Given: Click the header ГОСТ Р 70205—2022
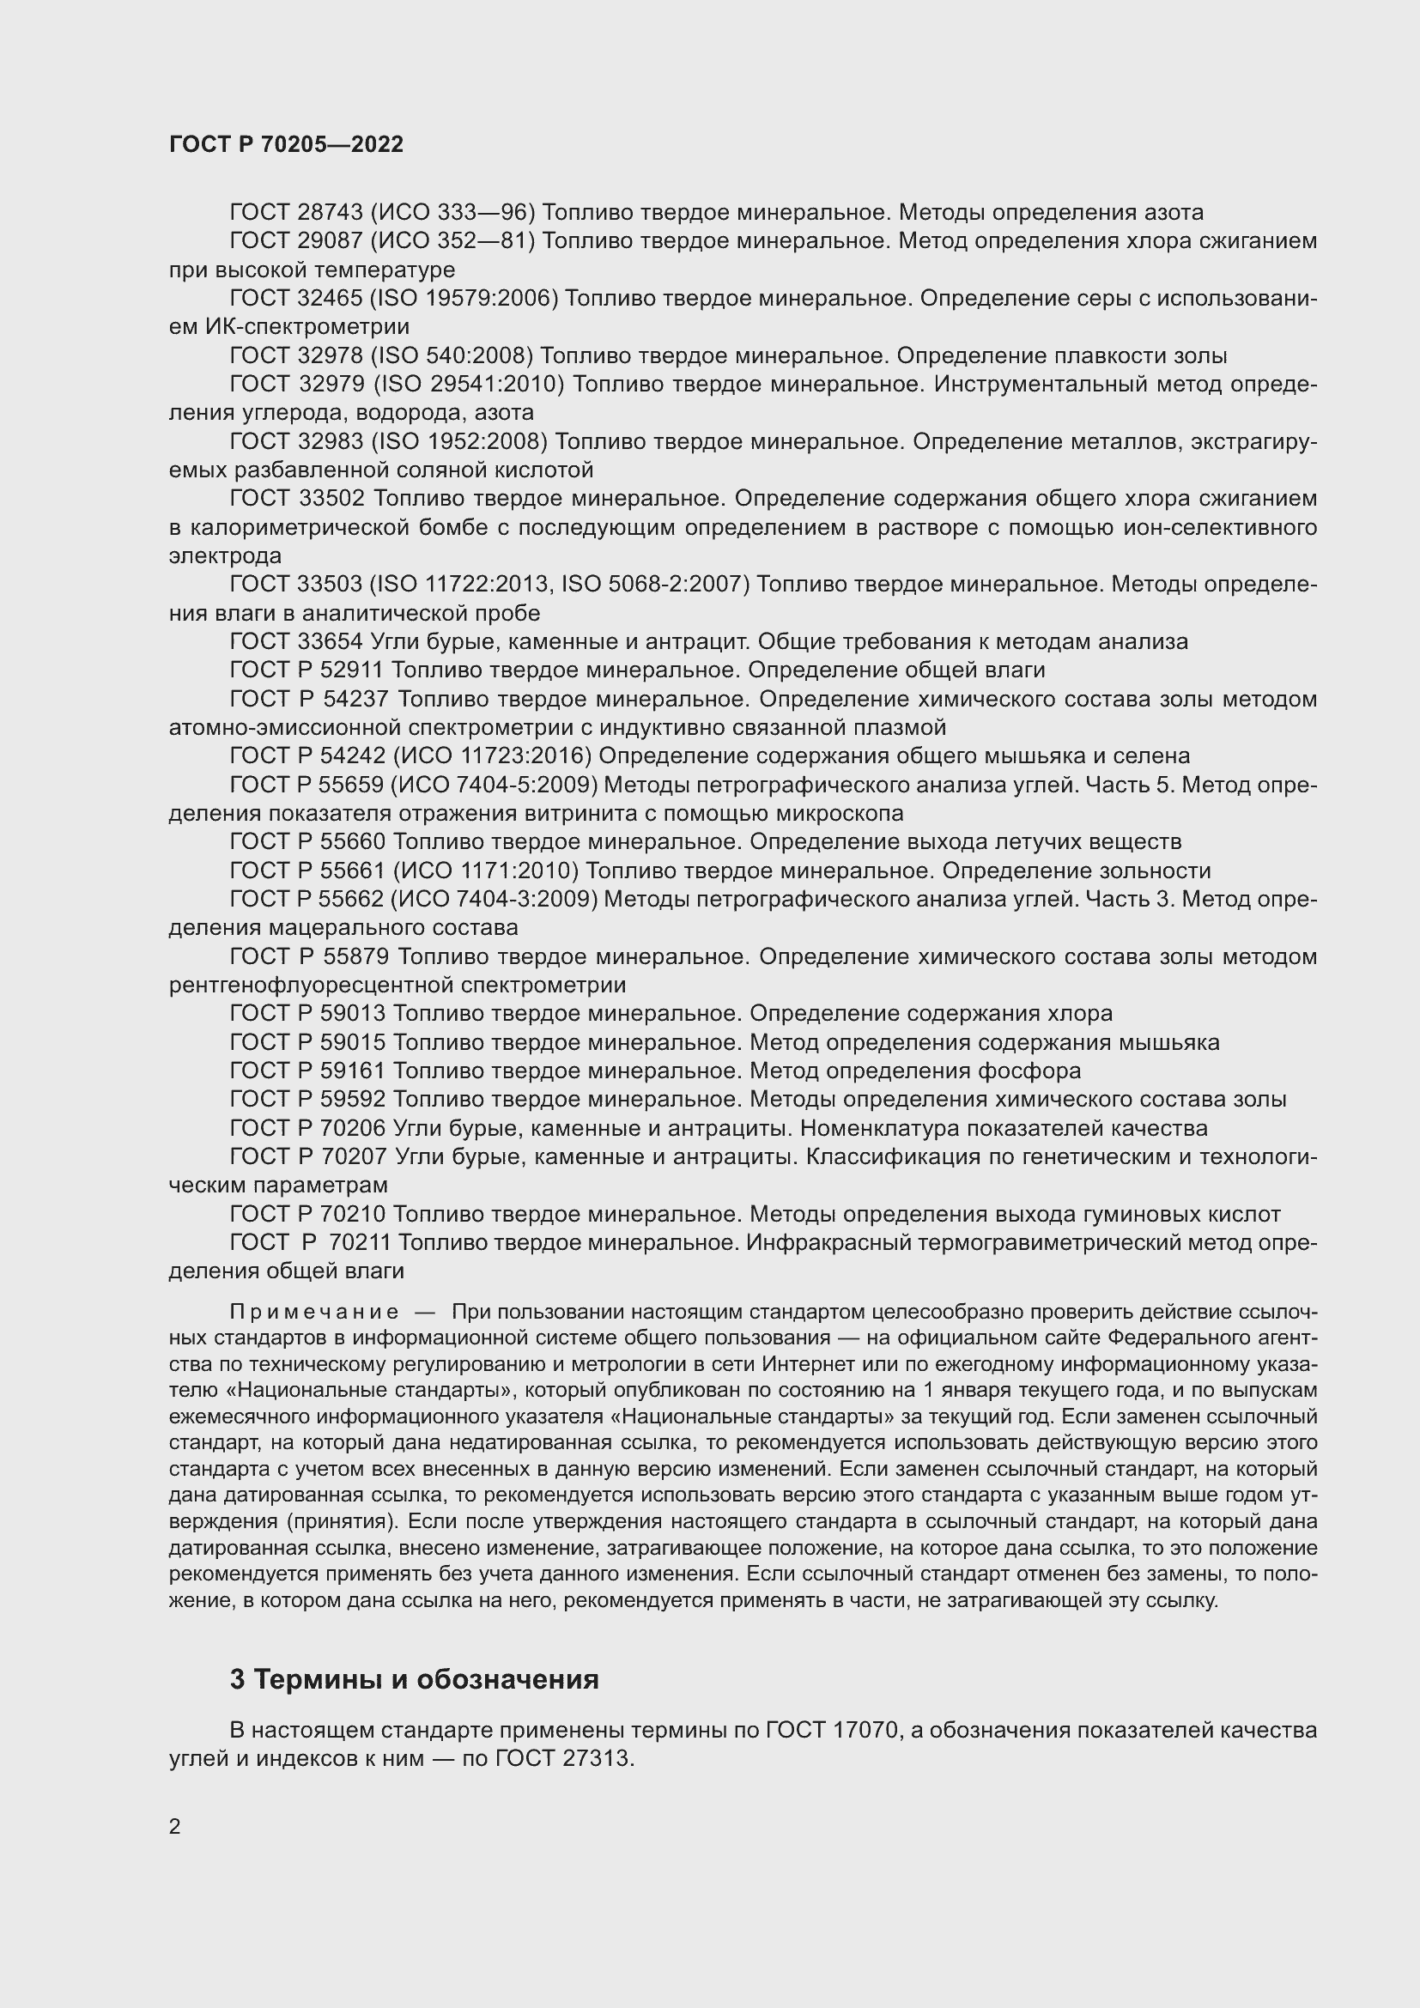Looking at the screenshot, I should pos(286,145).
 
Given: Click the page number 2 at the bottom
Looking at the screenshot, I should pos(174,1826).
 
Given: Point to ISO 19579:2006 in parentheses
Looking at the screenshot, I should pos(464,298).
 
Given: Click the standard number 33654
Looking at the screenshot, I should pos(330,642).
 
